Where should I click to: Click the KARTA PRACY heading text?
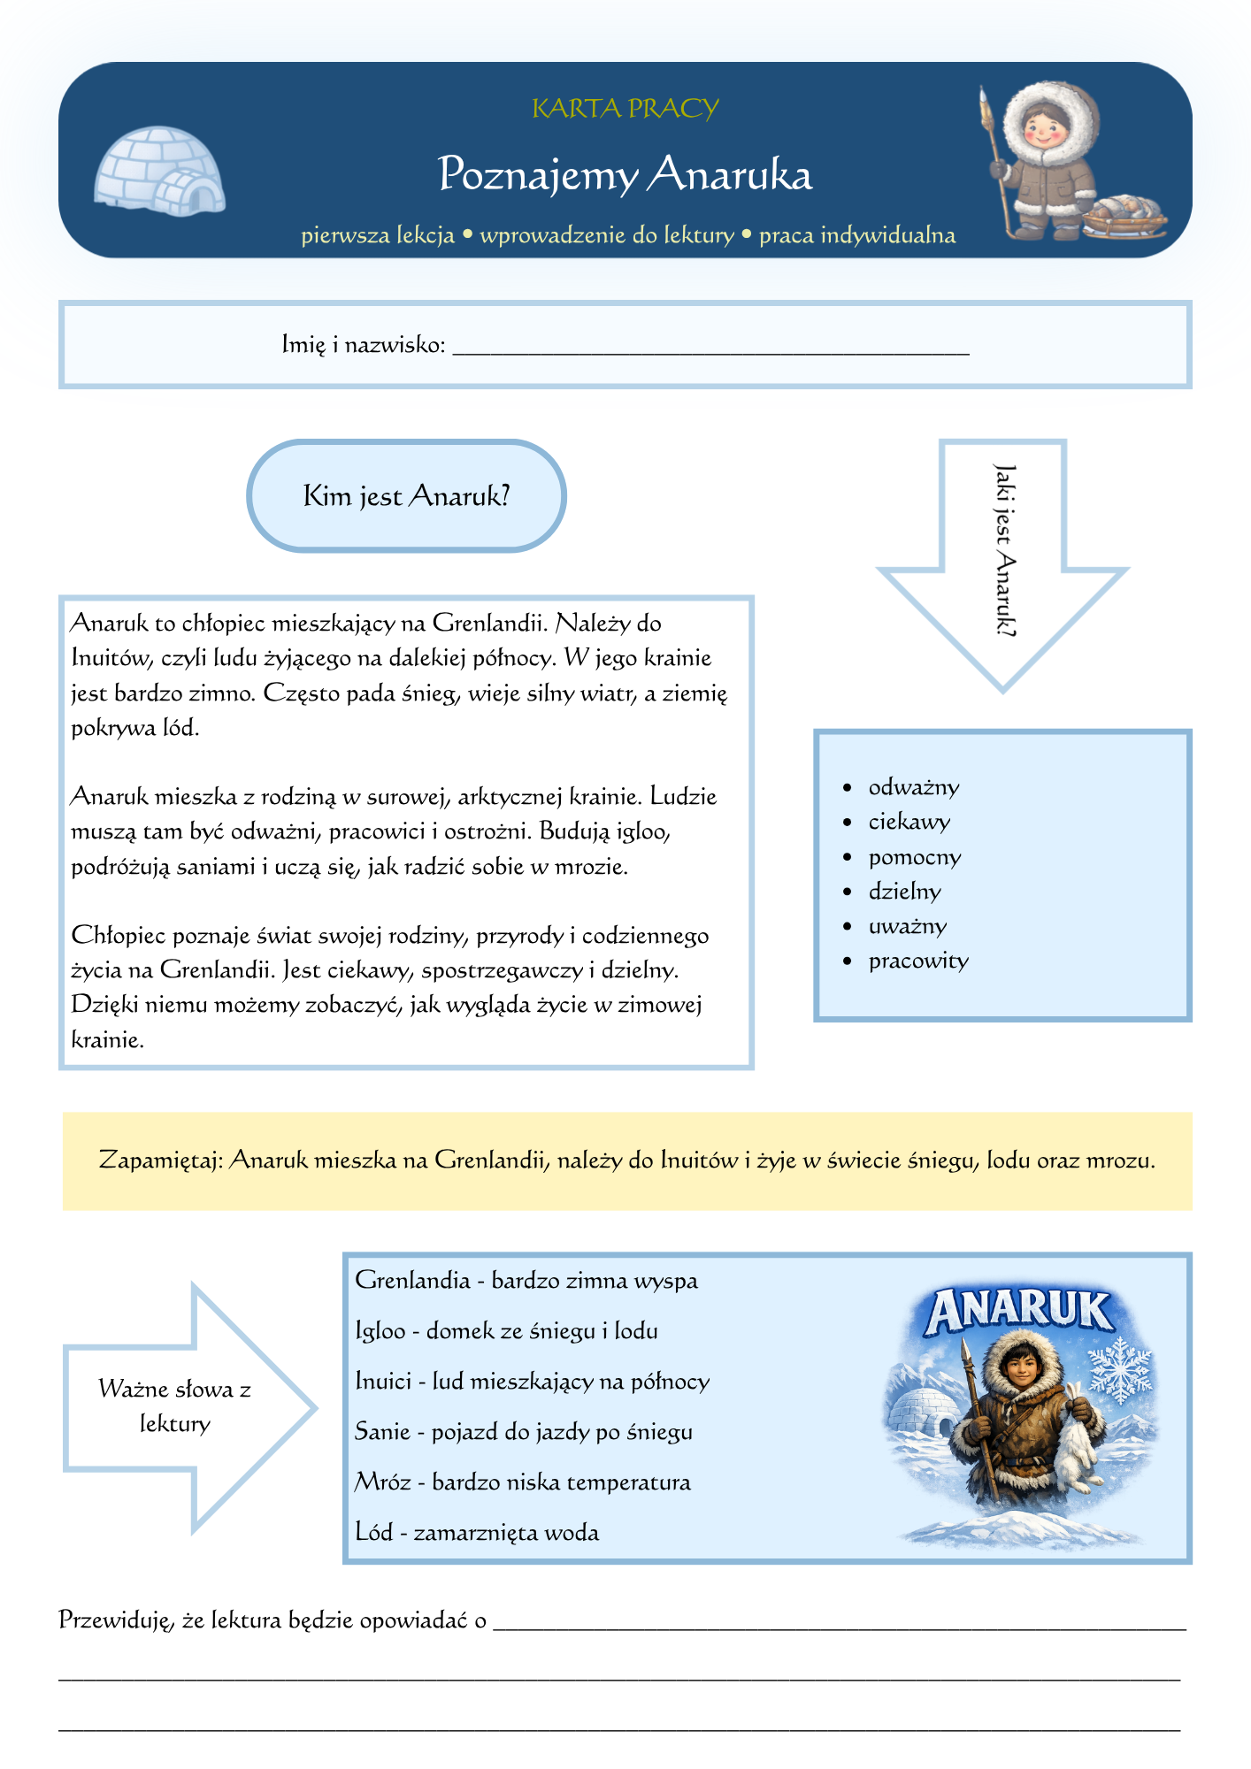[x=625, y=109]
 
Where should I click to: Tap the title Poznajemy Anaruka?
[x=625, y=174]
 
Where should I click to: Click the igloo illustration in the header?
[x=159, y=171]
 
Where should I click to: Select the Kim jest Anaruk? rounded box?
[x=406, y=496]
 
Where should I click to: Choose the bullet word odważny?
[x=913, y=787]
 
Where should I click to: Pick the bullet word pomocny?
[x=914, y=857]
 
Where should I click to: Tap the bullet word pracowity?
[x=918, y=961]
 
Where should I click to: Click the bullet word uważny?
[x=907, y=926]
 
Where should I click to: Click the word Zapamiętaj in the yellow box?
[x=160, y=1160]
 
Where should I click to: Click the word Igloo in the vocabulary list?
[x=380, y=1331]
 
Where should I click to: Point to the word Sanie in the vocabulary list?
[x=381, y=1432]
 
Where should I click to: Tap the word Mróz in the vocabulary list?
[x=382, y=1482]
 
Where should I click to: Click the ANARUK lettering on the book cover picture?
[x=1018, y=1312]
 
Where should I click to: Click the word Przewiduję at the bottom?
[x=117, y=1620]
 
